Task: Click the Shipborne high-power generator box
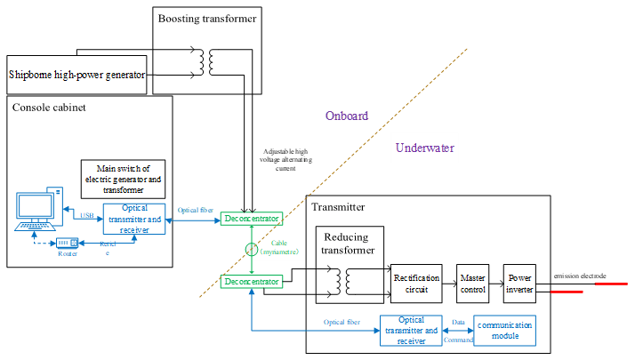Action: [76, 76]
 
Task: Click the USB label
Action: [86, 214]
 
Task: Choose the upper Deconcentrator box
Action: [252, 218]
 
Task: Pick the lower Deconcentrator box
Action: [252, 282]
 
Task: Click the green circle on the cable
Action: [252, 250]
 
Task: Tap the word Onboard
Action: [346, 116]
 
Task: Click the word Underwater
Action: [424, 148]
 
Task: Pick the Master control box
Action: [473, 283]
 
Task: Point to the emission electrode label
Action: [580, 276]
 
